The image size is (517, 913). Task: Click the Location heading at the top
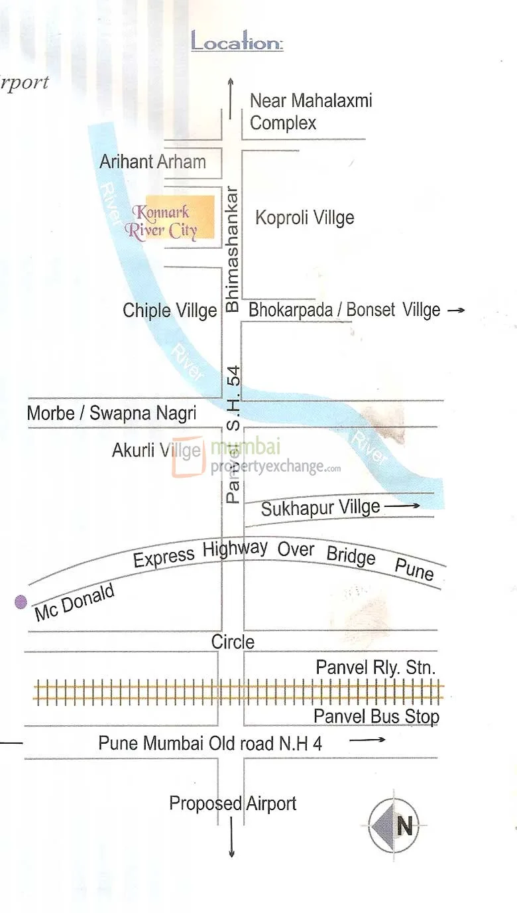[237, 42]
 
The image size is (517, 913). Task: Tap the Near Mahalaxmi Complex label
[310, 111]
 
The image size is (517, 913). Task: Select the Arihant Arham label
[152, 161]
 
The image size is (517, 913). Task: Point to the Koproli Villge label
[305, 218]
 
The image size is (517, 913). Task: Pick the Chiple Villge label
[170, 310]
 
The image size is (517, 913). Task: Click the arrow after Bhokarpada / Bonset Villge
[456, 310]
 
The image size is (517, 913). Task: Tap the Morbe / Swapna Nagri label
[111, 413]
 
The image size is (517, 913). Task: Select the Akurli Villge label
[156, 451]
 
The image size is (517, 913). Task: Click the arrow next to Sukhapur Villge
[402, 506]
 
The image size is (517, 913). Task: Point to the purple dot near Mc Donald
[21, 602]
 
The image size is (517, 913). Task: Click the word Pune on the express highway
[414, 569]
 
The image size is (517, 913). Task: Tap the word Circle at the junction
[233, 642]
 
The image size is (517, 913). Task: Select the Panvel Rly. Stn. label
[375, 667]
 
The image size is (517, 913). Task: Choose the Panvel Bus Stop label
[376, 716]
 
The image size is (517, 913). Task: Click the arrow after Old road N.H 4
[367, 739]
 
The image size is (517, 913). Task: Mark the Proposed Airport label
[233, 804]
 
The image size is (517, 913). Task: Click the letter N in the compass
[404, 827]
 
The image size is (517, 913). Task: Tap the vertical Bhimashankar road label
[232, 249]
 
